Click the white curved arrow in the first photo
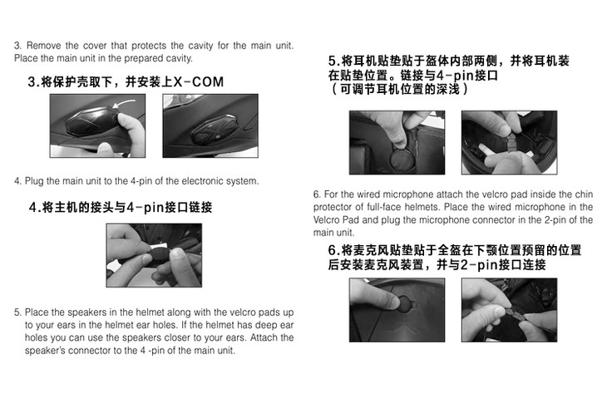coord(123,103)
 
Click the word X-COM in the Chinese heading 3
coord(199,82)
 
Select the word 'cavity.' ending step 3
coord(180,58)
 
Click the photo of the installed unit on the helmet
coord(210,125)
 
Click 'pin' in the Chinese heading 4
coord(153,208)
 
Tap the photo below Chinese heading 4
coord(154,255)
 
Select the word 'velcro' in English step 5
coord(243,312)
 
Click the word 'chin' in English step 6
coord(585,194)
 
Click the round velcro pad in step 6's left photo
coord(404,302)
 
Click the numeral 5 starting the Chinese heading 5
coord(332,61)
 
